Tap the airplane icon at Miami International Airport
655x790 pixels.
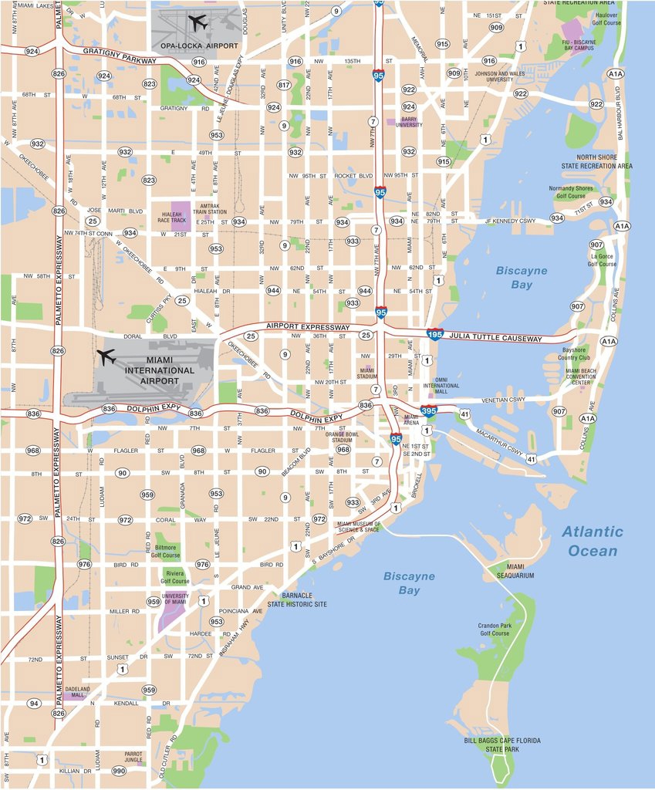click(106, 357)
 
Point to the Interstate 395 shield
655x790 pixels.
click(429, 412)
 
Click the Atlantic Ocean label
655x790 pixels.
click(593, 541)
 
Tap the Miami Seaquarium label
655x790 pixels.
click(515, 571)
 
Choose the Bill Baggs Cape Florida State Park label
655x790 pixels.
click(502, 744)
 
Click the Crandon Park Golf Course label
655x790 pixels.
click(495, 629)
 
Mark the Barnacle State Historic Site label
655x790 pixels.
click(297, 599)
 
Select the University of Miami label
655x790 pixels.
click(176, 599)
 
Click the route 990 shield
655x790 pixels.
click(118, 771)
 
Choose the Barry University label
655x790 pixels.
click(409, 122)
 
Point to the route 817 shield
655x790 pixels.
click(284, 85)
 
